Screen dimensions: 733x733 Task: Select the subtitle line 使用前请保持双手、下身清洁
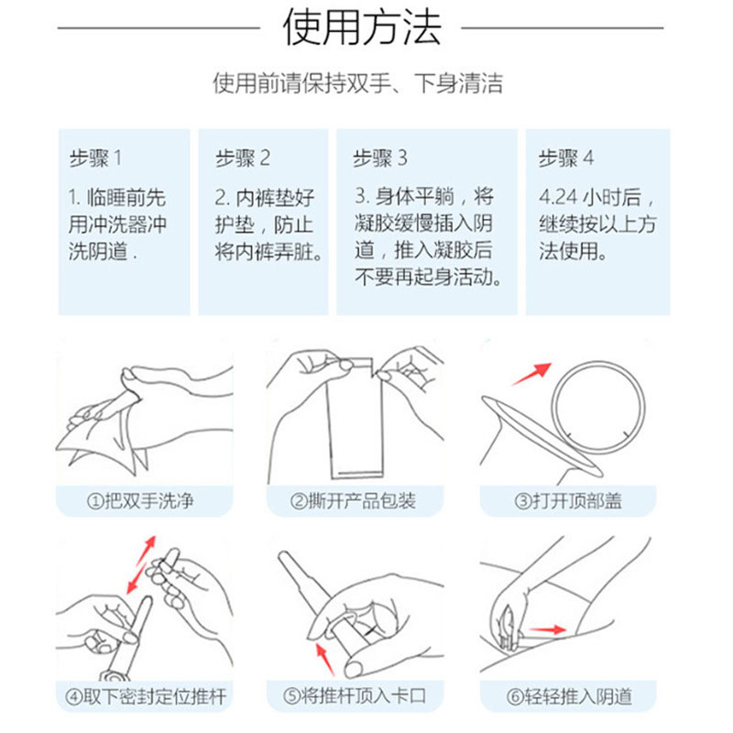click(x=358, y=83)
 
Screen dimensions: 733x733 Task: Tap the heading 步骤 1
click(x=95, y=158)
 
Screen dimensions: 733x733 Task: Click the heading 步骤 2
click(x=243, y=158)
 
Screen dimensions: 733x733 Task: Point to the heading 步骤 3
click(x=380, y=158)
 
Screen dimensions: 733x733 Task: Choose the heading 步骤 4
click(x=565, y=158)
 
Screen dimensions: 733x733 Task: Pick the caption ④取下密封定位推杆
click(x=145, y=697)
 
